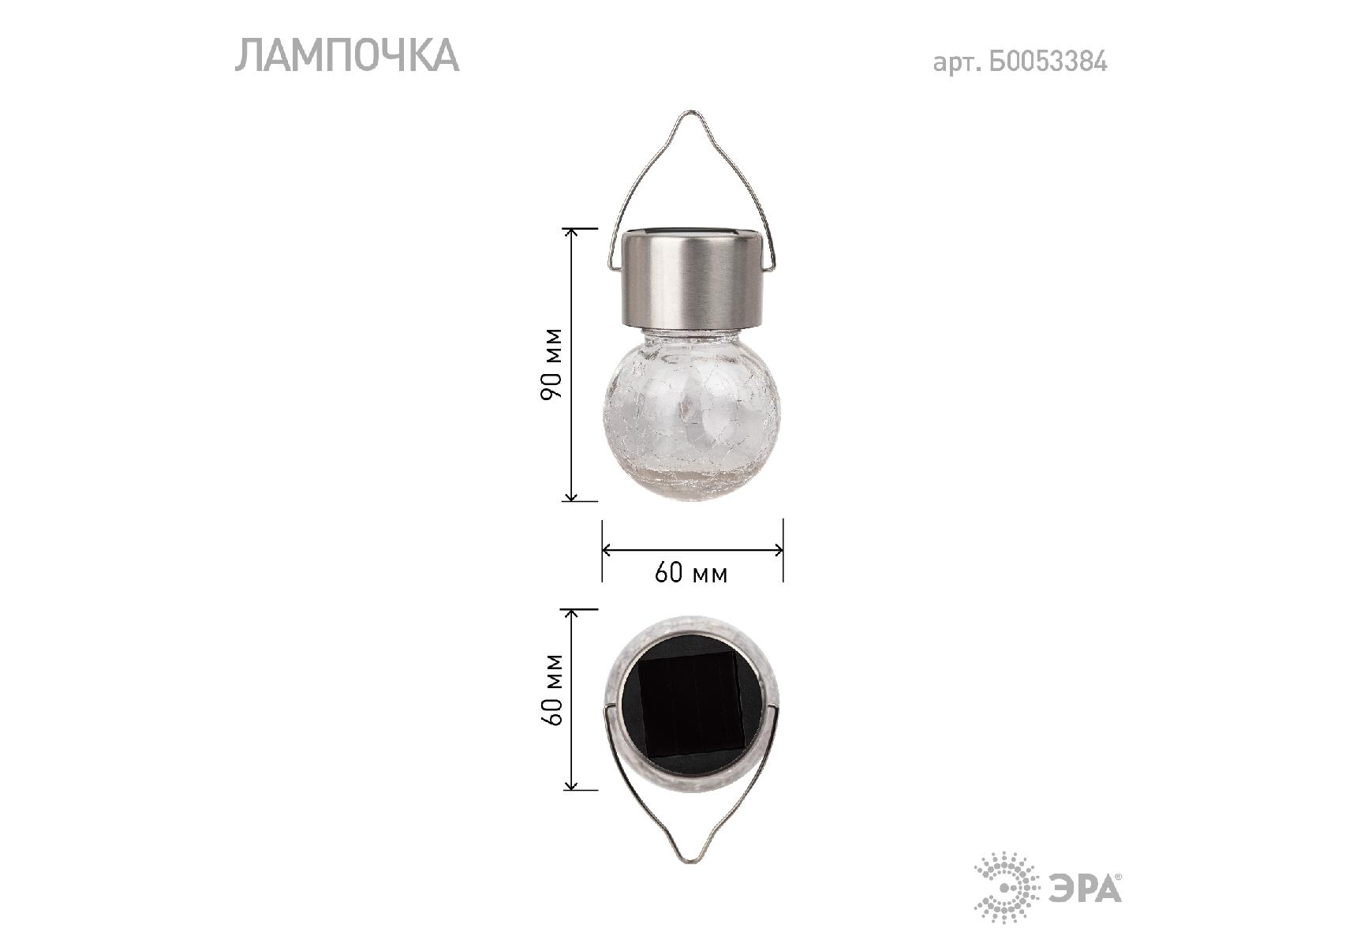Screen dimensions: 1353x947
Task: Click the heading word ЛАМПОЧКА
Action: (347, 56)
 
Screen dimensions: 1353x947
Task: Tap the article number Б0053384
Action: (1048, 62)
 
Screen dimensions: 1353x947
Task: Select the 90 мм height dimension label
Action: (552, 364)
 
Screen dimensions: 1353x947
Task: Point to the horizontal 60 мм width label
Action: (691, 572)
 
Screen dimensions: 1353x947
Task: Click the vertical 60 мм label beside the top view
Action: (553, 689)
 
